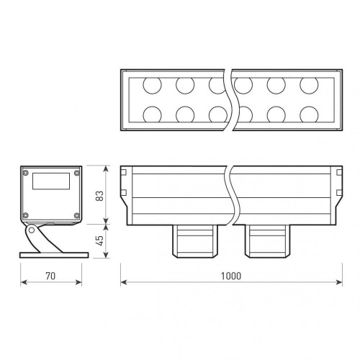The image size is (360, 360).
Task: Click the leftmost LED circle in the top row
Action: (152, 84)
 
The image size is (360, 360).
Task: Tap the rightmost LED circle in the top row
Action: (310, 84)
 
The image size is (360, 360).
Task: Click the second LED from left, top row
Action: (185, 84)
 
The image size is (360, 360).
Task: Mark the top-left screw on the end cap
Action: (26, 174)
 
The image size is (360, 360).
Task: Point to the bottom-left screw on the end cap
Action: (26, 215)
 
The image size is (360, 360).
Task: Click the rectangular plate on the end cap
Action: (52, 181)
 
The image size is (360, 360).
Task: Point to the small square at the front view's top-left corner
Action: (125, 173)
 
